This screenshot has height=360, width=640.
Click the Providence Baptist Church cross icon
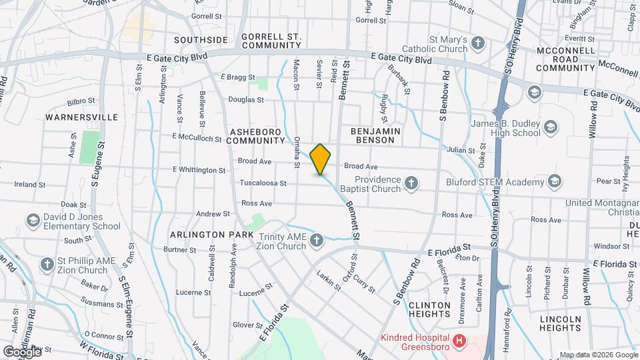tap(412, 181)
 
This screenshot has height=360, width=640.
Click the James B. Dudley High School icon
tap(550, 126)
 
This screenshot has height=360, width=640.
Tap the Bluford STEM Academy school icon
tap(555, 181)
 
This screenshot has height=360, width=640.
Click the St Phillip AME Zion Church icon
tap(47, 264)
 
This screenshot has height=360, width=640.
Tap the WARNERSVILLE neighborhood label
tap(81, 117)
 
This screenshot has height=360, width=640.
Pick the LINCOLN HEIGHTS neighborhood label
tap(561, 323)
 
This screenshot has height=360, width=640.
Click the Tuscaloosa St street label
tap(264, 183)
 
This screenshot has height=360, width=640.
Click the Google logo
tap(21, 351)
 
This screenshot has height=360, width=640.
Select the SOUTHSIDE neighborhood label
tap(201, 40)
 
